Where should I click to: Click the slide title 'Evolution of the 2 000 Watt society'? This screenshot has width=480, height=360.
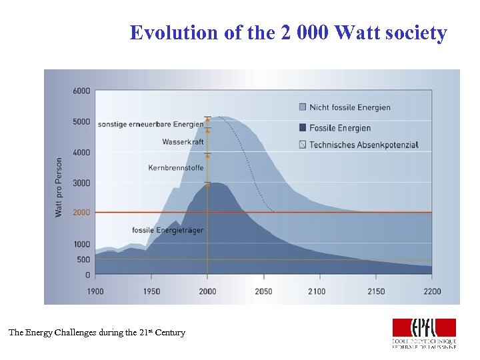[x=288, y=33]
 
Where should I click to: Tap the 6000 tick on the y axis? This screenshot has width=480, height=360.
[x=81, y=91]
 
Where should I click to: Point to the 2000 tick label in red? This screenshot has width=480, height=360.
[x=81, y=212]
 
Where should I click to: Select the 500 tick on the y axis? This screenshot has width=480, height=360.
[x=83, y=259]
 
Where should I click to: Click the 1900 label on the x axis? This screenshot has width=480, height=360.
[x=95, y=291]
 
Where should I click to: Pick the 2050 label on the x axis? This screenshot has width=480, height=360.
[x=263, y=291]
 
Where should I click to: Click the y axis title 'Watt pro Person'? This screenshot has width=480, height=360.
[x=59, y=187]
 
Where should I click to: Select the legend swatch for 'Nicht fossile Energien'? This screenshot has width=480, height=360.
[x=304, y=107]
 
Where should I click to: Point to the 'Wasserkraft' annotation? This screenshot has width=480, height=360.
[x=183, y=142]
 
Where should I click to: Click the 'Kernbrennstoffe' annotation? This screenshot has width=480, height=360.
[x=176, y=168]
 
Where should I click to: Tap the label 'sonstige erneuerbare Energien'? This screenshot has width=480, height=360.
[x=150, y=124]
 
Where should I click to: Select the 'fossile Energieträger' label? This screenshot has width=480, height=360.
[x=168, y=230]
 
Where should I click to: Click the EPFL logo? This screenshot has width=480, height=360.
[x=423, y=332]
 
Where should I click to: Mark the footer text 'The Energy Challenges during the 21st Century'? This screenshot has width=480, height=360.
[x=97, y=332]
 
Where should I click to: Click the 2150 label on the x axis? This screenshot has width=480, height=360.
[x=375, y=291]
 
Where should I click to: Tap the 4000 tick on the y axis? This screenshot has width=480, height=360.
[x=81, y=152]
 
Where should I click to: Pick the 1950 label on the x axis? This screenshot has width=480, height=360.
[x=151, y=291]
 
